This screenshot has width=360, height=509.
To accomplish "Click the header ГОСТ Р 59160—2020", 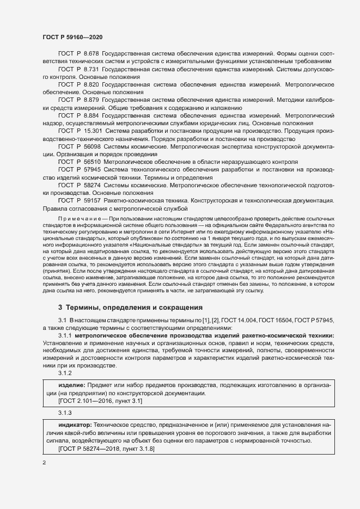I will coord(72,37).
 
